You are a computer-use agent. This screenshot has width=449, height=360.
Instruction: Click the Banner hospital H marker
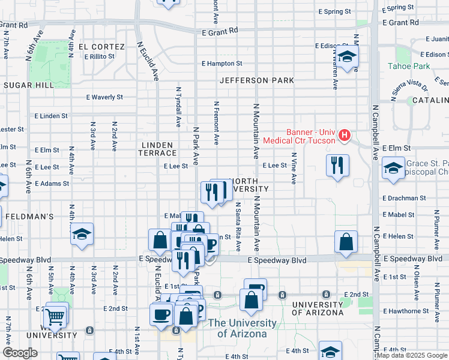click(x=344, y=136)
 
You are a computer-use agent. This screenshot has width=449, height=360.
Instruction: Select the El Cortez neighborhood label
click(x=101, y=47)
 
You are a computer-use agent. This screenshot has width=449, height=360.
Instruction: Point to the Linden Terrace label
click(x=157, y=149)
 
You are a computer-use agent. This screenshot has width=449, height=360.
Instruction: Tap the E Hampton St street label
click(x=222, y=63)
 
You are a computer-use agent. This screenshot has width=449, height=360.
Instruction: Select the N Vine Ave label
click(x=294, y=169)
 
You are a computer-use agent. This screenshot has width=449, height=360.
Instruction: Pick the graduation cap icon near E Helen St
click(x=82, y=234)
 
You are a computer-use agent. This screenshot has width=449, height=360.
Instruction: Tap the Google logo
click(x=20, y=353)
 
